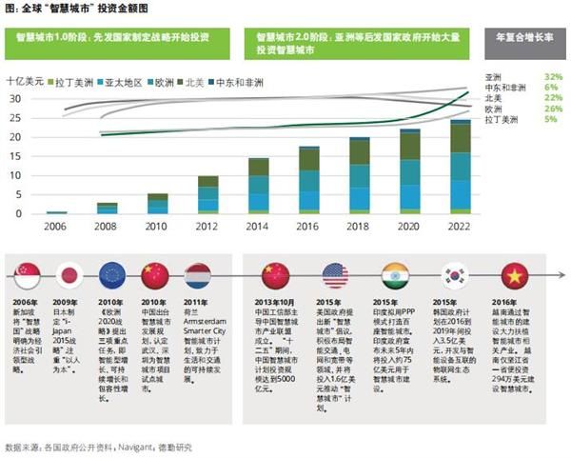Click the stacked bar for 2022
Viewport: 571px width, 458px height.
(x=460, y=167)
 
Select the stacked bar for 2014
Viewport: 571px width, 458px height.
(x=258, y=186)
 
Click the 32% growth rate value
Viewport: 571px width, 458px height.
(x=553, y=75)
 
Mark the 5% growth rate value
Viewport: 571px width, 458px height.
(x=553, y=121)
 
